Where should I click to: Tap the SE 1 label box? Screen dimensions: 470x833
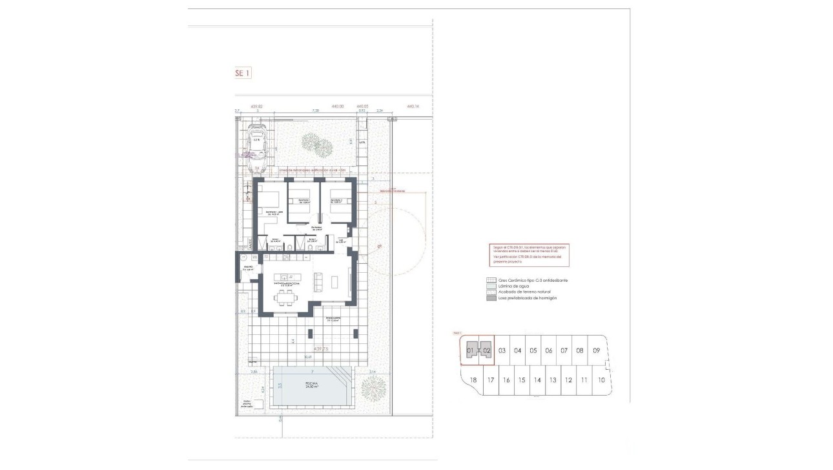coord(242,74)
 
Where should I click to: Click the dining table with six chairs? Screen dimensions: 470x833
coord(285,298)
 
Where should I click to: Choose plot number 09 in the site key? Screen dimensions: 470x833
coord(597,350)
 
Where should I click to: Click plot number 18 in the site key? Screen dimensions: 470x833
coord(473,380)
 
